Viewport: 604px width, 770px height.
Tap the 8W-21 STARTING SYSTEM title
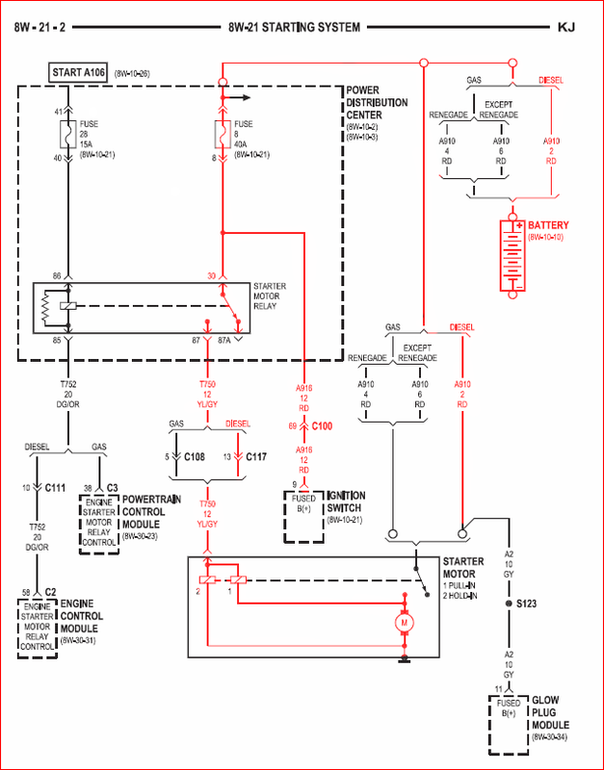[295, 28]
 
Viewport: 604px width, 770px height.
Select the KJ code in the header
[566, 28]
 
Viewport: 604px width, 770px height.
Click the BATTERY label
[549, 225]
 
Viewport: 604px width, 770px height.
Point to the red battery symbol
[511, 255]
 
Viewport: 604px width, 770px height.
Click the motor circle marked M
[403, 624]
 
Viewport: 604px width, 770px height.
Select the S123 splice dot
[510, 603]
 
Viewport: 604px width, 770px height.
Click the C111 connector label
[54, 488]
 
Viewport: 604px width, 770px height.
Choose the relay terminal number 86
[56, 276]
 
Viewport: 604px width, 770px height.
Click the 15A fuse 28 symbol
[66, 132]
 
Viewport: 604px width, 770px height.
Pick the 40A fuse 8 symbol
[223, 132]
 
